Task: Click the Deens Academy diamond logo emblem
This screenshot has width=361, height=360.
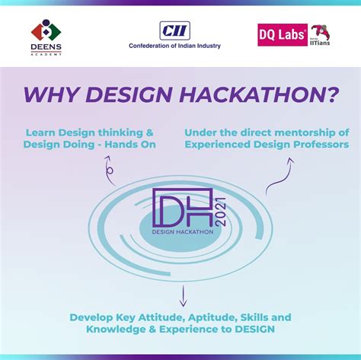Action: tap(46, 30)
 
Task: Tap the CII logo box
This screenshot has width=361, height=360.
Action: tap(174, 30)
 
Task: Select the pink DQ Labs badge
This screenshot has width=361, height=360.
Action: tap(283, 34)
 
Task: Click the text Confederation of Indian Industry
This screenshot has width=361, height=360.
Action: tap(174, 46)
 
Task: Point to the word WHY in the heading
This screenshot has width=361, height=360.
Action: tap(50, 94)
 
